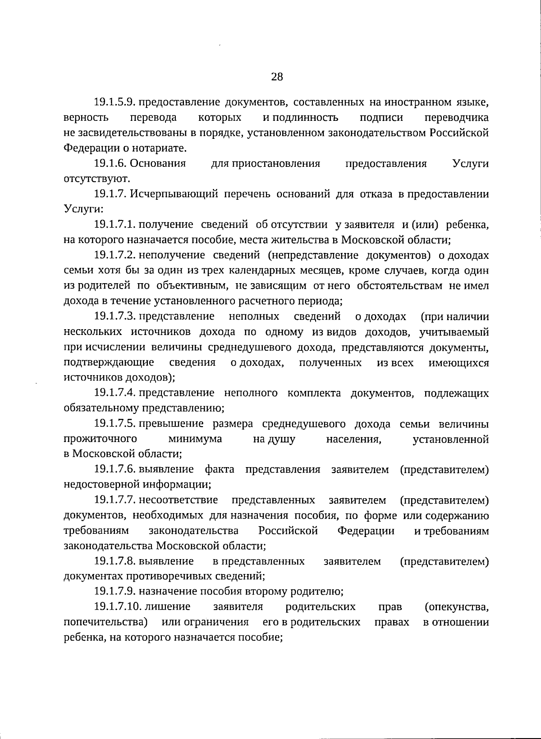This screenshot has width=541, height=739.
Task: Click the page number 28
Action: click(x=277, y=77)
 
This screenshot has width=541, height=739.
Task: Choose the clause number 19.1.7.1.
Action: click(x=115, y=225)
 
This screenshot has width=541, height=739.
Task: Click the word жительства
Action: click(x=308, y=240)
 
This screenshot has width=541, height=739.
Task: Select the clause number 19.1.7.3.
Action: click(x=115, y=317)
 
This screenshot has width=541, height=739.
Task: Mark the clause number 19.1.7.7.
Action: click(x=115, y=500)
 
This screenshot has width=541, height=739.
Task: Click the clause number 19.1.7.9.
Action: click(x=115, y=591)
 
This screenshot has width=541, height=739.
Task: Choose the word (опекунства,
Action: click(x=457, y=607)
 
